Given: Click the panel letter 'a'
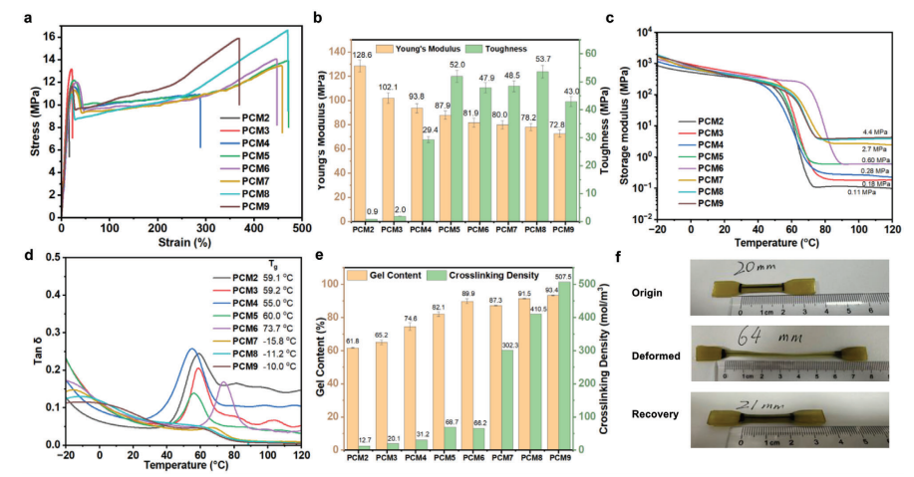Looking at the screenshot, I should (8, 17).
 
